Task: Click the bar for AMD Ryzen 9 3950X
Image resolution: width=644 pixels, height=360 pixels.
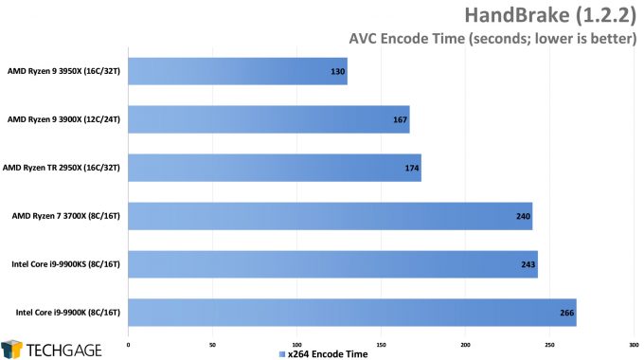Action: pyautogui.click(x=237, y=71)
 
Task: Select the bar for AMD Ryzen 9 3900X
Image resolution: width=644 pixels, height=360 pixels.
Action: pyautogui.click(x=268, y=119)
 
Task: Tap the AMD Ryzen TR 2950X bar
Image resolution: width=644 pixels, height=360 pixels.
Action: pyautogui.click(x=274, y=168)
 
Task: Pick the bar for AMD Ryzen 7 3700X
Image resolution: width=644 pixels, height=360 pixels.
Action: pyautogui.click(x=330, y=216)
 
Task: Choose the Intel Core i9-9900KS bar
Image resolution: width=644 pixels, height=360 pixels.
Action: pyautogui.click(x=332, y=264)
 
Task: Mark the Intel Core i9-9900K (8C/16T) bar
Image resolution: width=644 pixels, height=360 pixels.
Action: pyautogui.click(x=351, y=312)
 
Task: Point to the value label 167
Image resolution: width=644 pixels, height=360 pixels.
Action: pyautogui.click(x=400, y=120)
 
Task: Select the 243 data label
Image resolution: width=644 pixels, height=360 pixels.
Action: pyautogui.click(x=528, y=264)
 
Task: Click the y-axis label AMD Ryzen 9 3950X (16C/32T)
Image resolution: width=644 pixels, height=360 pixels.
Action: pyautogui.click(x=63, y=71)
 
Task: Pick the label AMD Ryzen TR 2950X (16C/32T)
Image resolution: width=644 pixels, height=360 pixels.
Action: pyautogui.click(x=63, y=168)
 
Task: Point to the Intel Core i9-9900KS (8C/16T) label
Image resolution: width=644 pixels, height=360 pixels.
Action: pyautogui.click(x=63, y=264)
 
